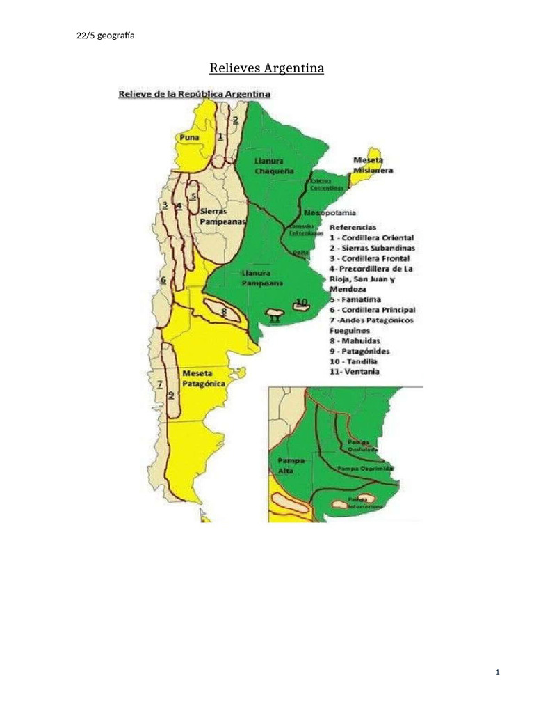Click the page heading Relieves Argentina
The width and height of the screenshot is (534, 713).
tap(267, 68)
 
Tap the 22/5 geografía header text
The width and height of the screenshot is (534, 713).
tap(105, 36)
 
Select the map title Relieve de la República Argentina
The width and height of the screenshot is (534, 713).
tap(194, 93)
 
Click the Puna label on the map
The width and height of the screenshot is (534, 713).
tap(188, 137)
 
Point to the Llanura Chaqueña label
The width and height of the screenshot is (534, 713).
tap(273, 166)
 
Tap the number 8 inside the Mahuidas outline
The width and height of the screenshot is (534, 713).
tap(223, 311)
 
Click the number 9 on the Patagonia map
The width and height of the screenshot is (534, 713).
tap(170, 394)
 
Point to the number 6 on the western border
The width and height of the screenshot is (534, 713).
tap(163, 280)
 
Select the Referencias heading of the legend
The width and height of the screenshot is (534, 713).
tap(353, 227)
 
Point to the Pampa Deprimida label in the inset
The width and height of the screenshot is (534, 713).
tap(366, 468)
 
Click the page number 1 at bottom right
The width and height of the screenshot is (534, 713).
tap(497, 672)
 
